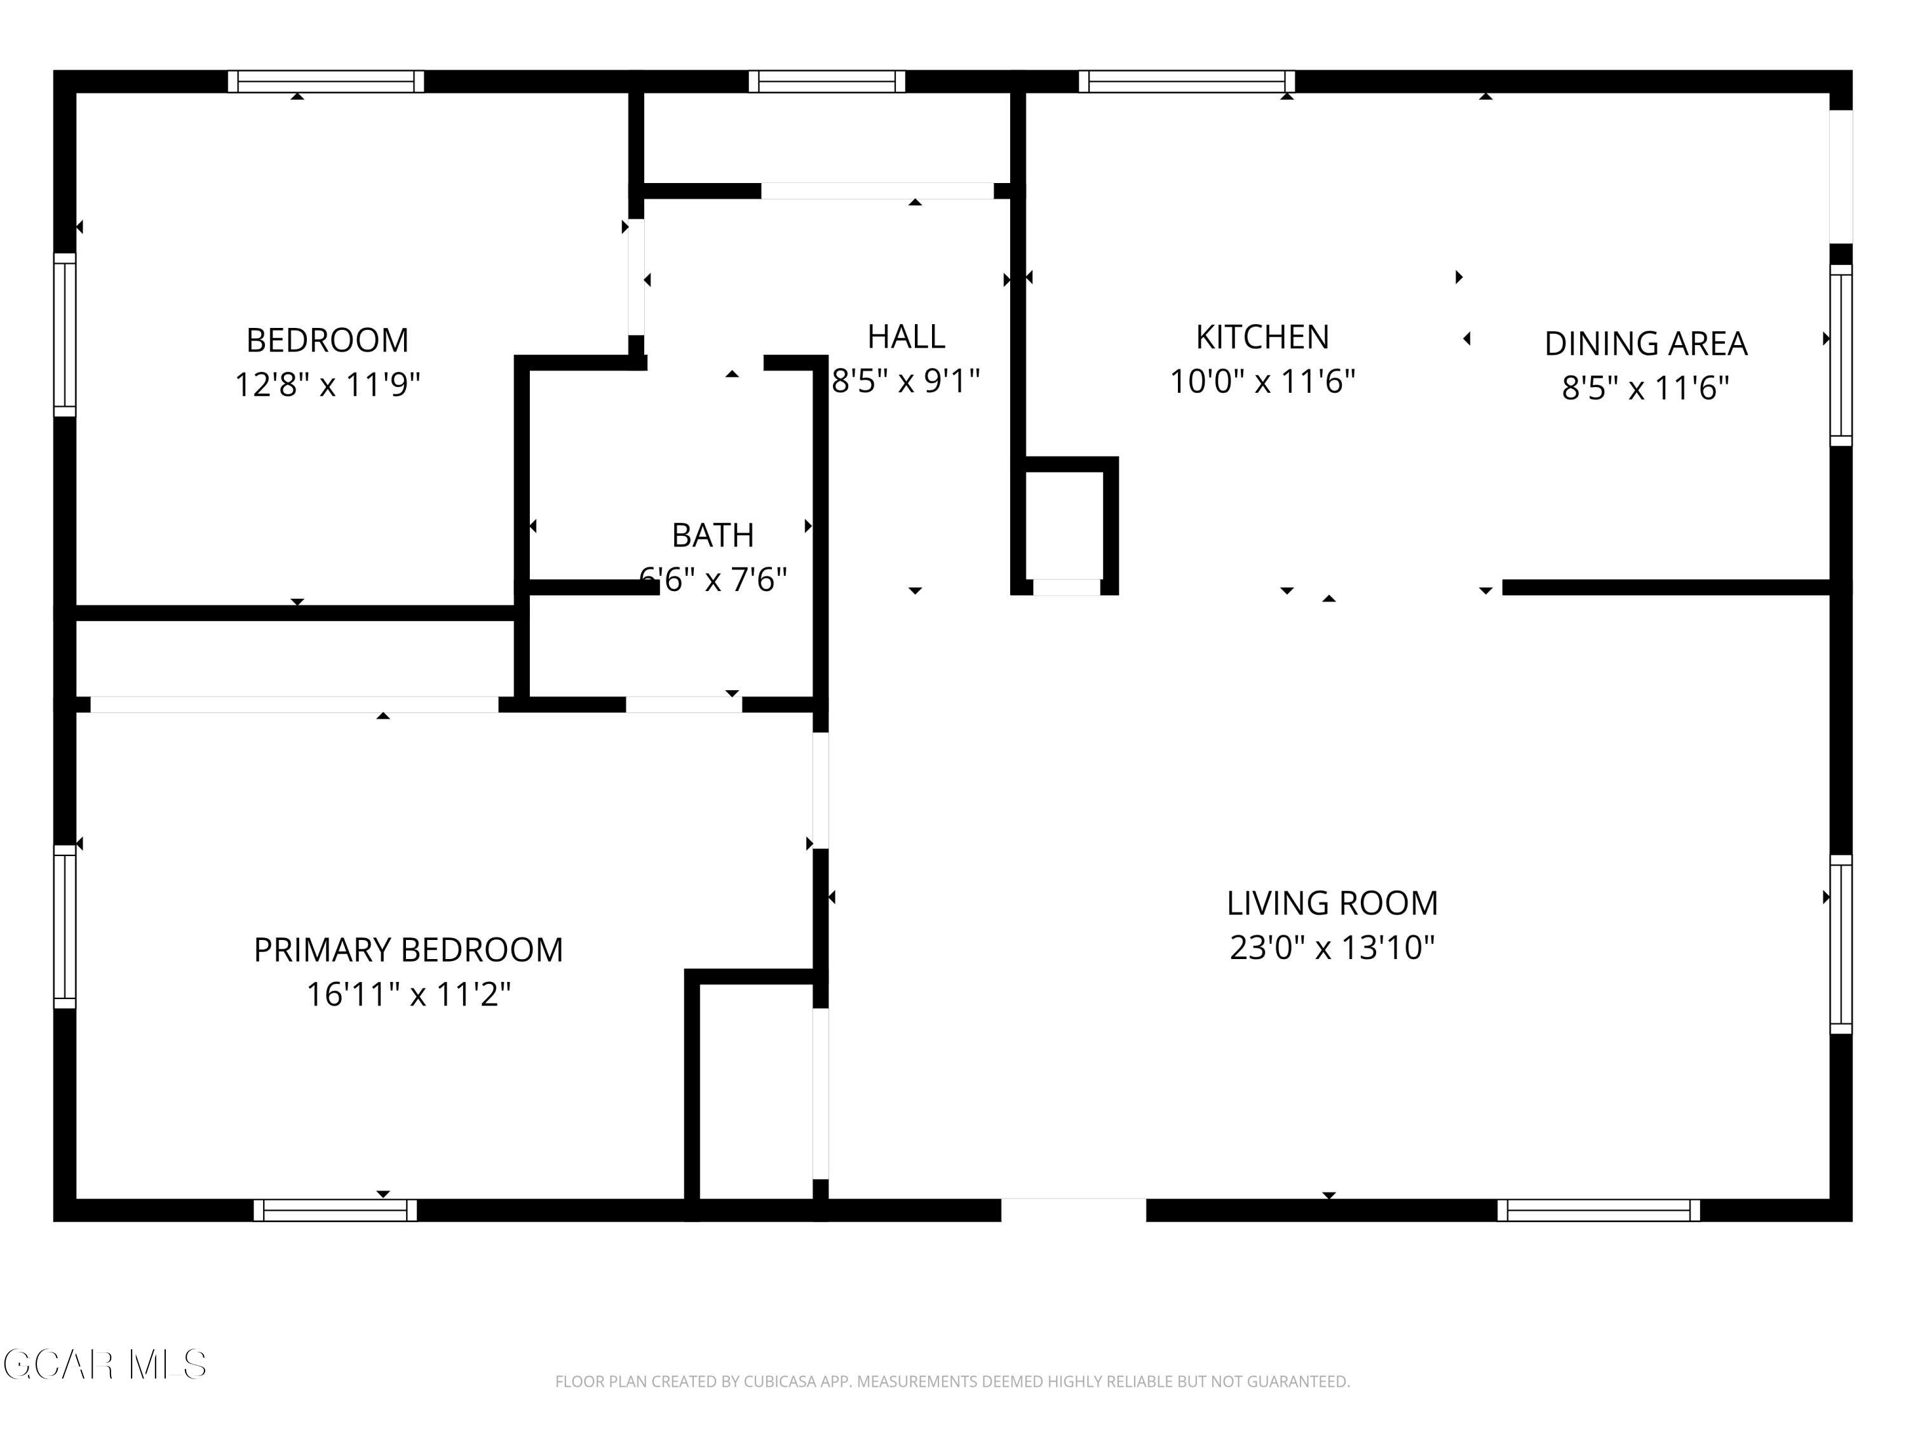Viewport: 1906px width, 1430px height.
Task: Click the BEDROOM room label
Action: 327,341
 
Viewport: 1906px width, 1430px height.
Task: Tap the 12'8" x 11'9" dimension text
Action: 327,385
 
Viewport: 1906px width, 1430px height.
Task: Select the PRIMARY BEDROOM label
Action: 409,950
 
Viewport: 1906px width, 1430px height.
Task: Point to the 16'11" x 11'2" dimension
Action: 409,995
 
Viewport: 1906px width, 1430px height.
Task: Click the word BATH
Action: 713,535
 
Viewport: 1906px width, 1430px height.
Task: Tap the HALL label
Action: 905,336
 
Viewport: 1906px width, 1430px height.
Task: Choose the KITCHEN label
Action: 1262,337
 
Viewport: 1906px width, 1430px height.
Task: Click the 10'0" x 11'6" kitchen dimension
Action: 1262,381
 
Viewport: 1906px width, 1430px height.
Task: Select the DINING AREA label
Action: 1646,344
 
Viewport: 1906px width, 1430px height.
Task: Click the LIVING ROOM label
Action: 1332,903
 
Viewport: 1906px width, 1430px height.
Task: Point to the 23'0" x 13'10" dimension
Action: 1332,948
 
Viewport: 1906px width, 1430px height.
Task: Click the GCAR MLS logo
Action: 104,1365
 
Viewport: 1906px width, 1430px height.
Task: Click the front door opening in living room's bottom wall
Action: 1074,1209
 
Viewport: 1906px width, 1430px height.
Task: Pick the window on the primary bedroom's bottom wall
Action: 335,1210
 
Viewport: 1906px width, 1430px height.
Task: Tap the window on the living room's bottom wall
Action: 1598,1210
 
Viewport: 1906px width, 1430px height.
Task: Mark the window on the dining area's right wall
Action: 1841,355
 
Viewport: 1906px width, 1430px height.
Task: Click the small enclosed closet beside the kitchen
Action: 1064,525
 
